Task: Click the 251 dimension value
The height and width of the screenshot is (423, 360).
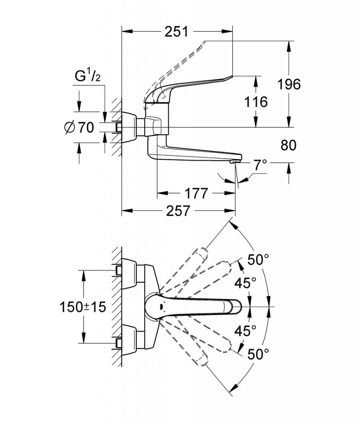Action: (176, 31)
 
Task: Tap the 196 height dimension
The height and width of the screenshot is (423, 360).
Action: (289, 84)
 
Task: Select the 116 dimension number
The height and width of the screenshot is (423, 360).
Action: (256, 102)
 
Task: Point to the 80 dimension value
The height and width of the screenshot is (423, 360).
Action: (288, 145)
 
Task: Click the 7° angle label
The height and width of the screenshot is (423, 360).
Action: (260, 164)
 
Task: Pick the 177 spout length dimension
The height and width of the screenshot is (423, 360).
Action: (196, 193)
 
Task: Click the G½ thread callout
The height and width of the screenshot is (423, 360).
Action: (88, 76)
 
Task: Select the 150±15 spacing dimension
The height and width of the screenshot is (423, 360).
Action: (83, 307)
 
